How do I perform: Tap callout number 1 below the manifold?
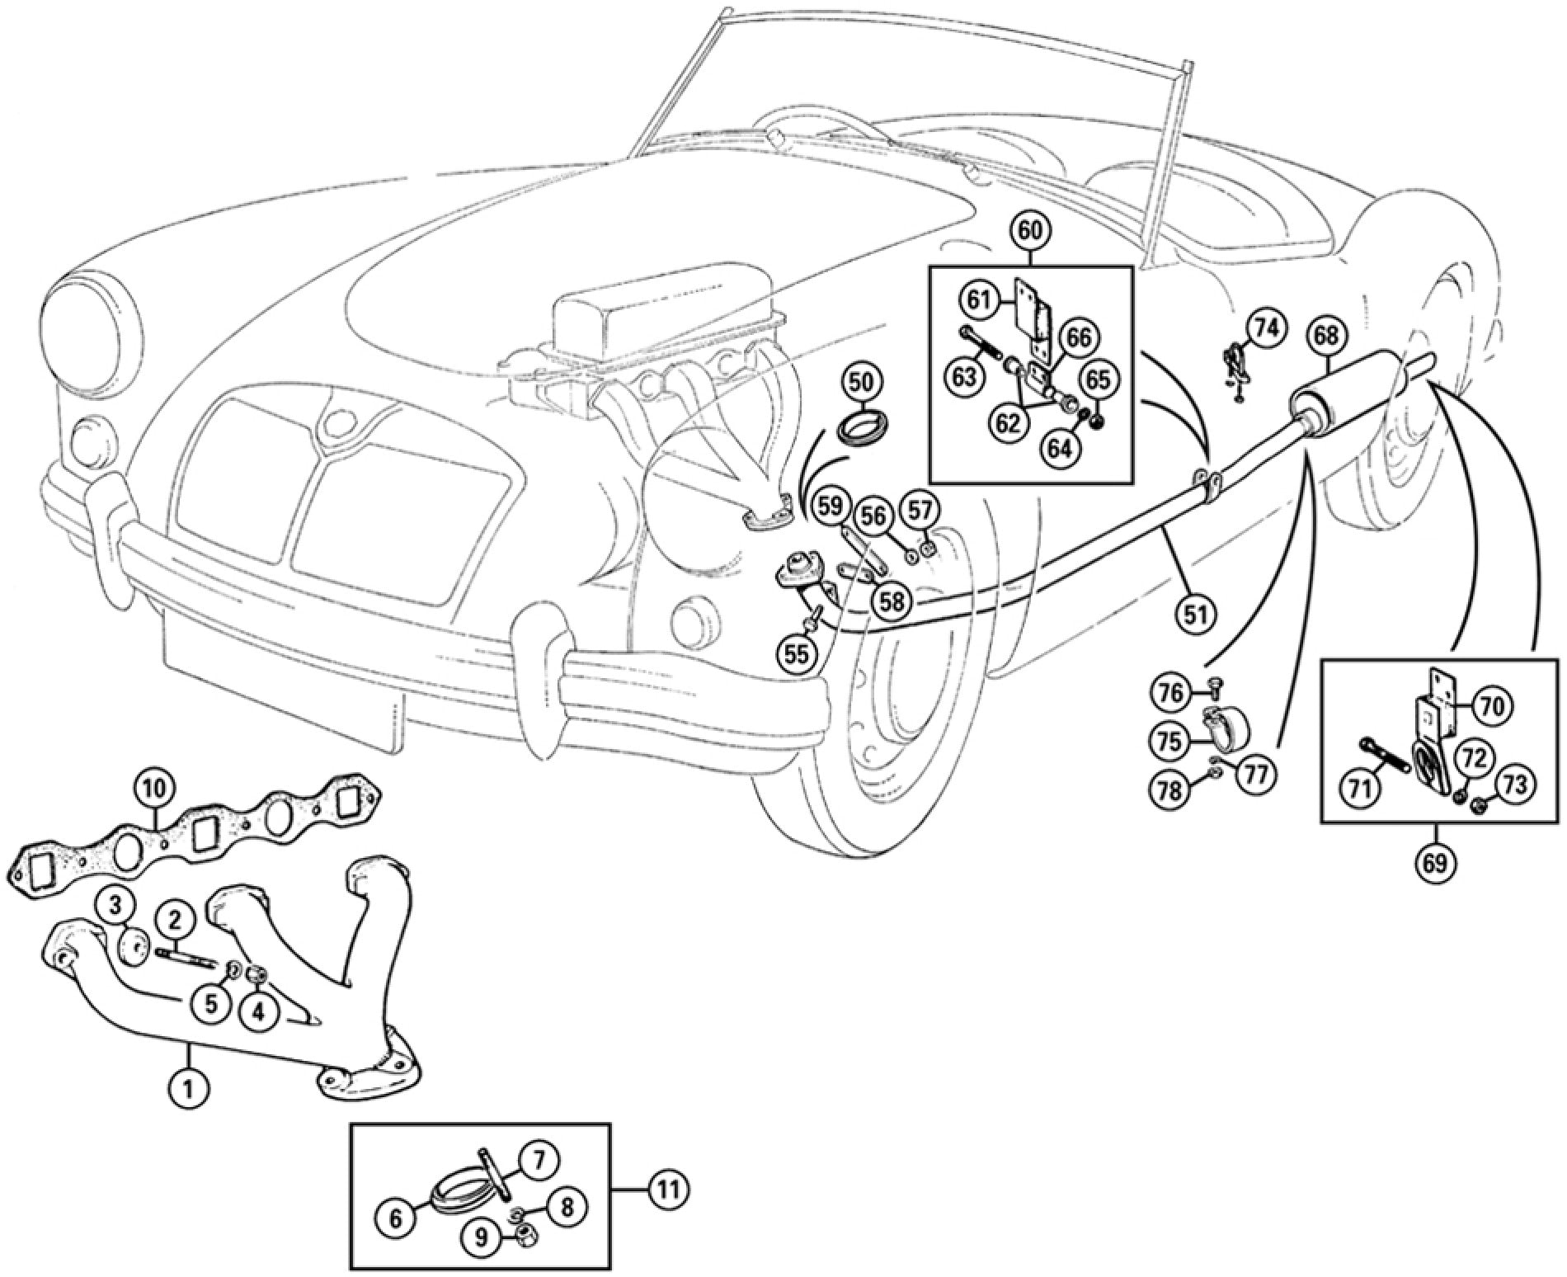point(189,1090)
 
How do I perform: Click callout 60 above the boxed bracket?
point(1031,231)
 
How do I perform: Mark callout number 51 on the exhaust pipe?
point(1196,613)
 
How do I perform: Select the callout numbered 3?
point(116,907)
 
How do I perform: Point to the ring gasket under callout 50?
point(859,429)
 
